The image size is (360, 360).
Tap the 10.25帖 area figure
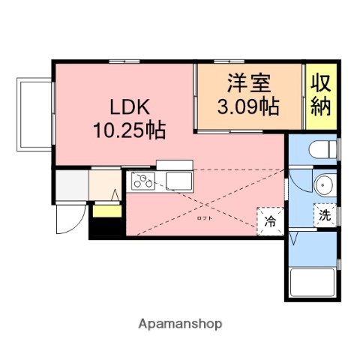tap(128, 130)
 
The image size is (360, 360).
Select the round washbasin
tap(324, 184)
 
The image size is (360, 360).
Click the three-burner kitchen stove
tap(142, 181)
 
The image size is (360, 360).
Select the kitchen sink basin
tap(178, 180)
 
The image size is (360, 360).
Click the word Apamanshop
tap(180, 324)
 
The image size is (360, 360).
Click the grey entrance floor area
tap(72, 185)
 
